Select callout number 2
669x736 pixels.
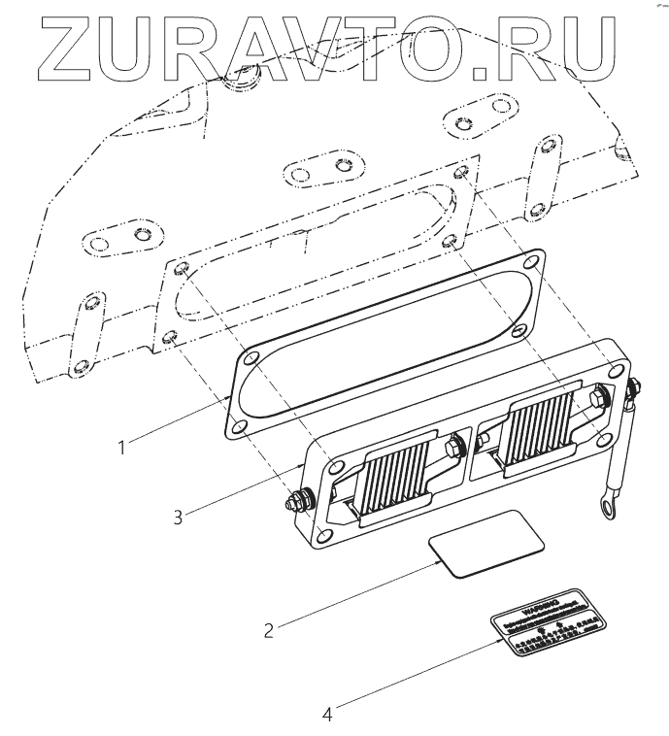(x=269, y=628)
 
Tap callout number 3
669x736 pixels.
(x=178, y=517)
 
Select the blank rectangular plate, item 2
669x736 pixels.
(x=485, y=547)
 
